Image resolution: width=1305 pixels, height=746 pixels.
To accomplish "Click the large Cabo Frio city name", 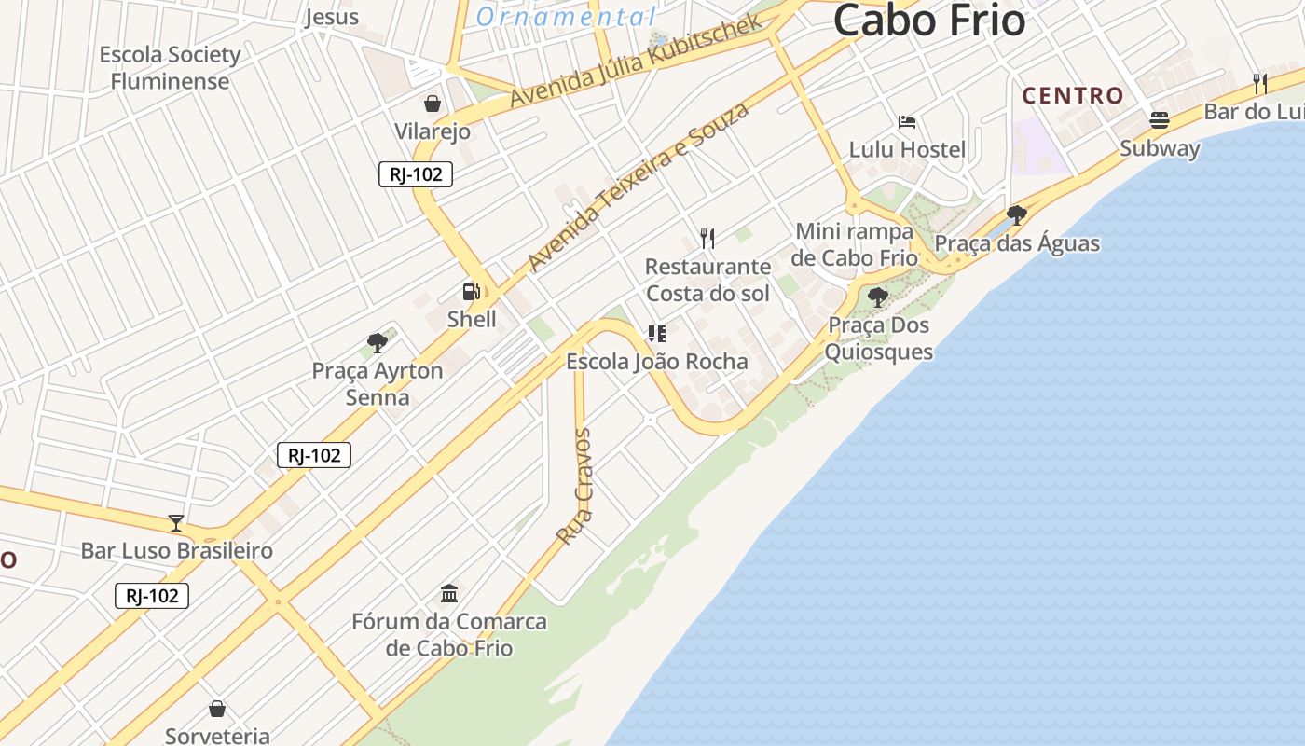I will click(929, 21).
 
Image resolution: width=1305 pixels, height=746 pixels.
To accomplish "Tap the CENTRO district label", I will click(1073, 96).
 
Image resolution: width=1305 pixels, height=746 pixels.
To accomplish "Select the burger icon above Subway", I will click(1160, 120).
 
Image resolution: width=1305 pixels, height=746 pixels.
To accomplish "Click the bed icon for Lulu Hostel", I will click(907, 122).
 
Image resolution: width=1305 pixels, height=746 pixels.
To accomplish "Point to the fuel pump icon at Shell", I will click(472, 292).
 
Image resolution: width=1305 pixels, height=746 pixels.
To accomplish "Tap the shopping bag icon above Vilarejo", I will click(433, 103).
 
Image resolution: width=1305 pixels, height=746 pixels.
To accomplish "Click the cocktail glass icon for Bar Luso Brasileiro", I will click(176, 523).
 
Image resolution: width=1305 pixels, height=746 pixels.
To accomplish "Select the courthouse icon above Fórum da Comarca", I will click(449, 593).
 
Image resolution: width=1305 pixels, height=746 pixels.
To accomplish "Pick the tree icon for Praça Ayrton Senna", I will click(378, 343).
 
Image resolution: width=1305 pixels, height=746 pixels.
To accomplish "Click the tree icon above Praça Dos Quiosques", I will click(877, 297).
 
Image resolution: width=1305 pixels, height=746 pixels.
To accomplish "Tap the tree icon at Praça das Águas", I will click(1017, 215).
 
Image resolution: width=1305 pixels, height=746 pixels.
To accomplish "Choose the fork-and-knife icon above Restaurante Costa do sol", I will click(707, 239).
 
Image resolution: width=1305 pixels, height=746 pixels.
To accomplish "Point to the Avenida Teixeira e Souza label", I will click(639, 186).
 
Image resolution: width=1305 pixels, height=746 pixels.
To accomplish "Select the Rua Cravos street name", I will click(574, 487).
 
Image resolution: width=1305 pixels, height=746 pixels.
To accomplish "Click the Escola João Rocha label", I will click(657, 361).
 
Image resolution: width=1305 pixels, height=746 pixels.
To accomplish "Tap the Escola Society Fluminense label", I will click(170, 68).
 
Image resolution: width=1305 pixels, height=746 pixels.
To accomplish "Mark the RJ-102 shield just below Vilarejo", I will click(416, 174).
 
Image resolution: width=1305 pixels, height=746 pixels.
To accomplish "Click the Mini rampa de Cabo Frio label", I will click(854, 244).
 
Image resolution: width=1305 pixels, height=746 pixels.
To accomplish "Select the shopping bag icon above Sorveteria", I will click(217, 710).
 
